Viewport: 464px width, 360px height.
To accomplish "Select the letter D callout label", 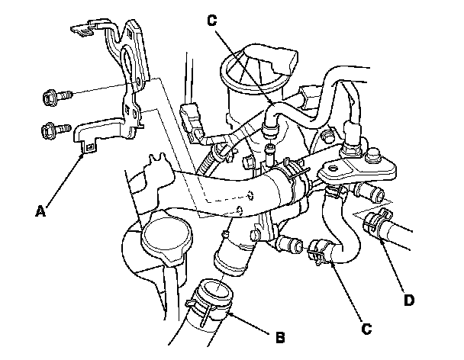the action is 410,301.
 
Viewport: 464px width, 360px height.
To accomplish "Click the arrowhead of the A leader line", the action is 83,153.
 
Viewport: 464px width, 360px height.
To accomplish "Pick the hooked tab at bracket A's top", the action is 76,30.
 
